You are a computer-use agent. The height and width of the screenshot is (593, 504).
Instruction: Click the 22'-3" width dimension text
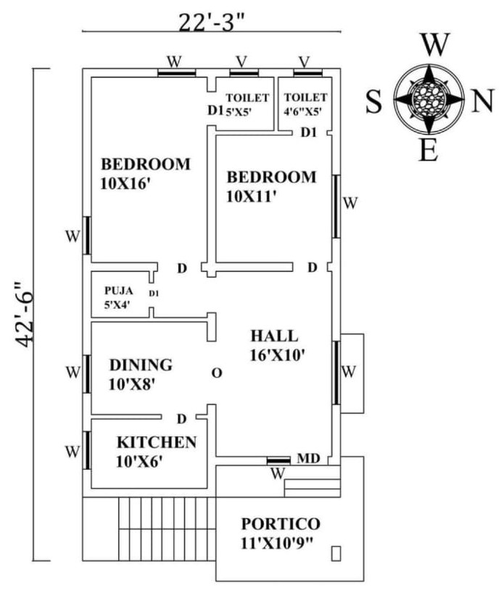(212, 19)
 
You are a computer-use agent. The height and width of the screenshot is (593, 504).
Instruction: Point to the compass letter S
(373, 101)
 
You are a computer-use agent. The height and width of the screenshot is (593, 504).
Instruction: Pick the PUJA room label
(119, 291)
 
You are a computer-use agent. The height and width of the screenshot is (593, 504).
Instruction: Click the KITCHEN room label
(157, 441)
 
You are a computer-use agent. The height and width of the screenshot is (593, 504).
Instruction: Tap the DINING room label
(141, 365)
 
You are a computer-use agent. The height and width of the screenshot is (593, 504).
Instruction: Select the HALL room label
(274, 336)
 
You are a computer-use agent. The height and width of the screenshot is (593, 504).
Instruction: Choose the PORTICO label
(281, 523)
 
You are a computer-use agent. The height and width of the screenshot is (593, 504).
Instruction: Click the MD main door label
(307, 459)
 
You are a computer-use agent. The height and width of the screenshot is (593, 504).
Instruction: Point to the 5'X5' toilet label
(236, 112)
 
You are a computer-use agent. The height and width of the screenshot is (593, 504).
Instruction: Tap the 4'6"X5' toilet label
(303, 112)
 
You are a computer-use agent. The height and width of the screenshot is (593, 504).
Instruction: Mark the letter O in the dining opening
(215, 373)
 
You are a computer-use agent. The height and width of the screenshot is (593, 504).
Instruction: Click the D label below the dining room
(182, 418)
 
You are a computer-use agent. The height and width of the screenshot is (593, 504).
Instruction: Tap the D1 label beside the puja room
(154, 293)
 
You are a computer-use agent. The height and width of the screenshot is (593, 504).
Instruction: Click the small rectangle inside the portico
(336, 553)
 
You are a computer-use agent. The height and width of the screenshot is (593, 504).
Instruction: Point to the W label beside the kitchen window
(72, 452)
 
